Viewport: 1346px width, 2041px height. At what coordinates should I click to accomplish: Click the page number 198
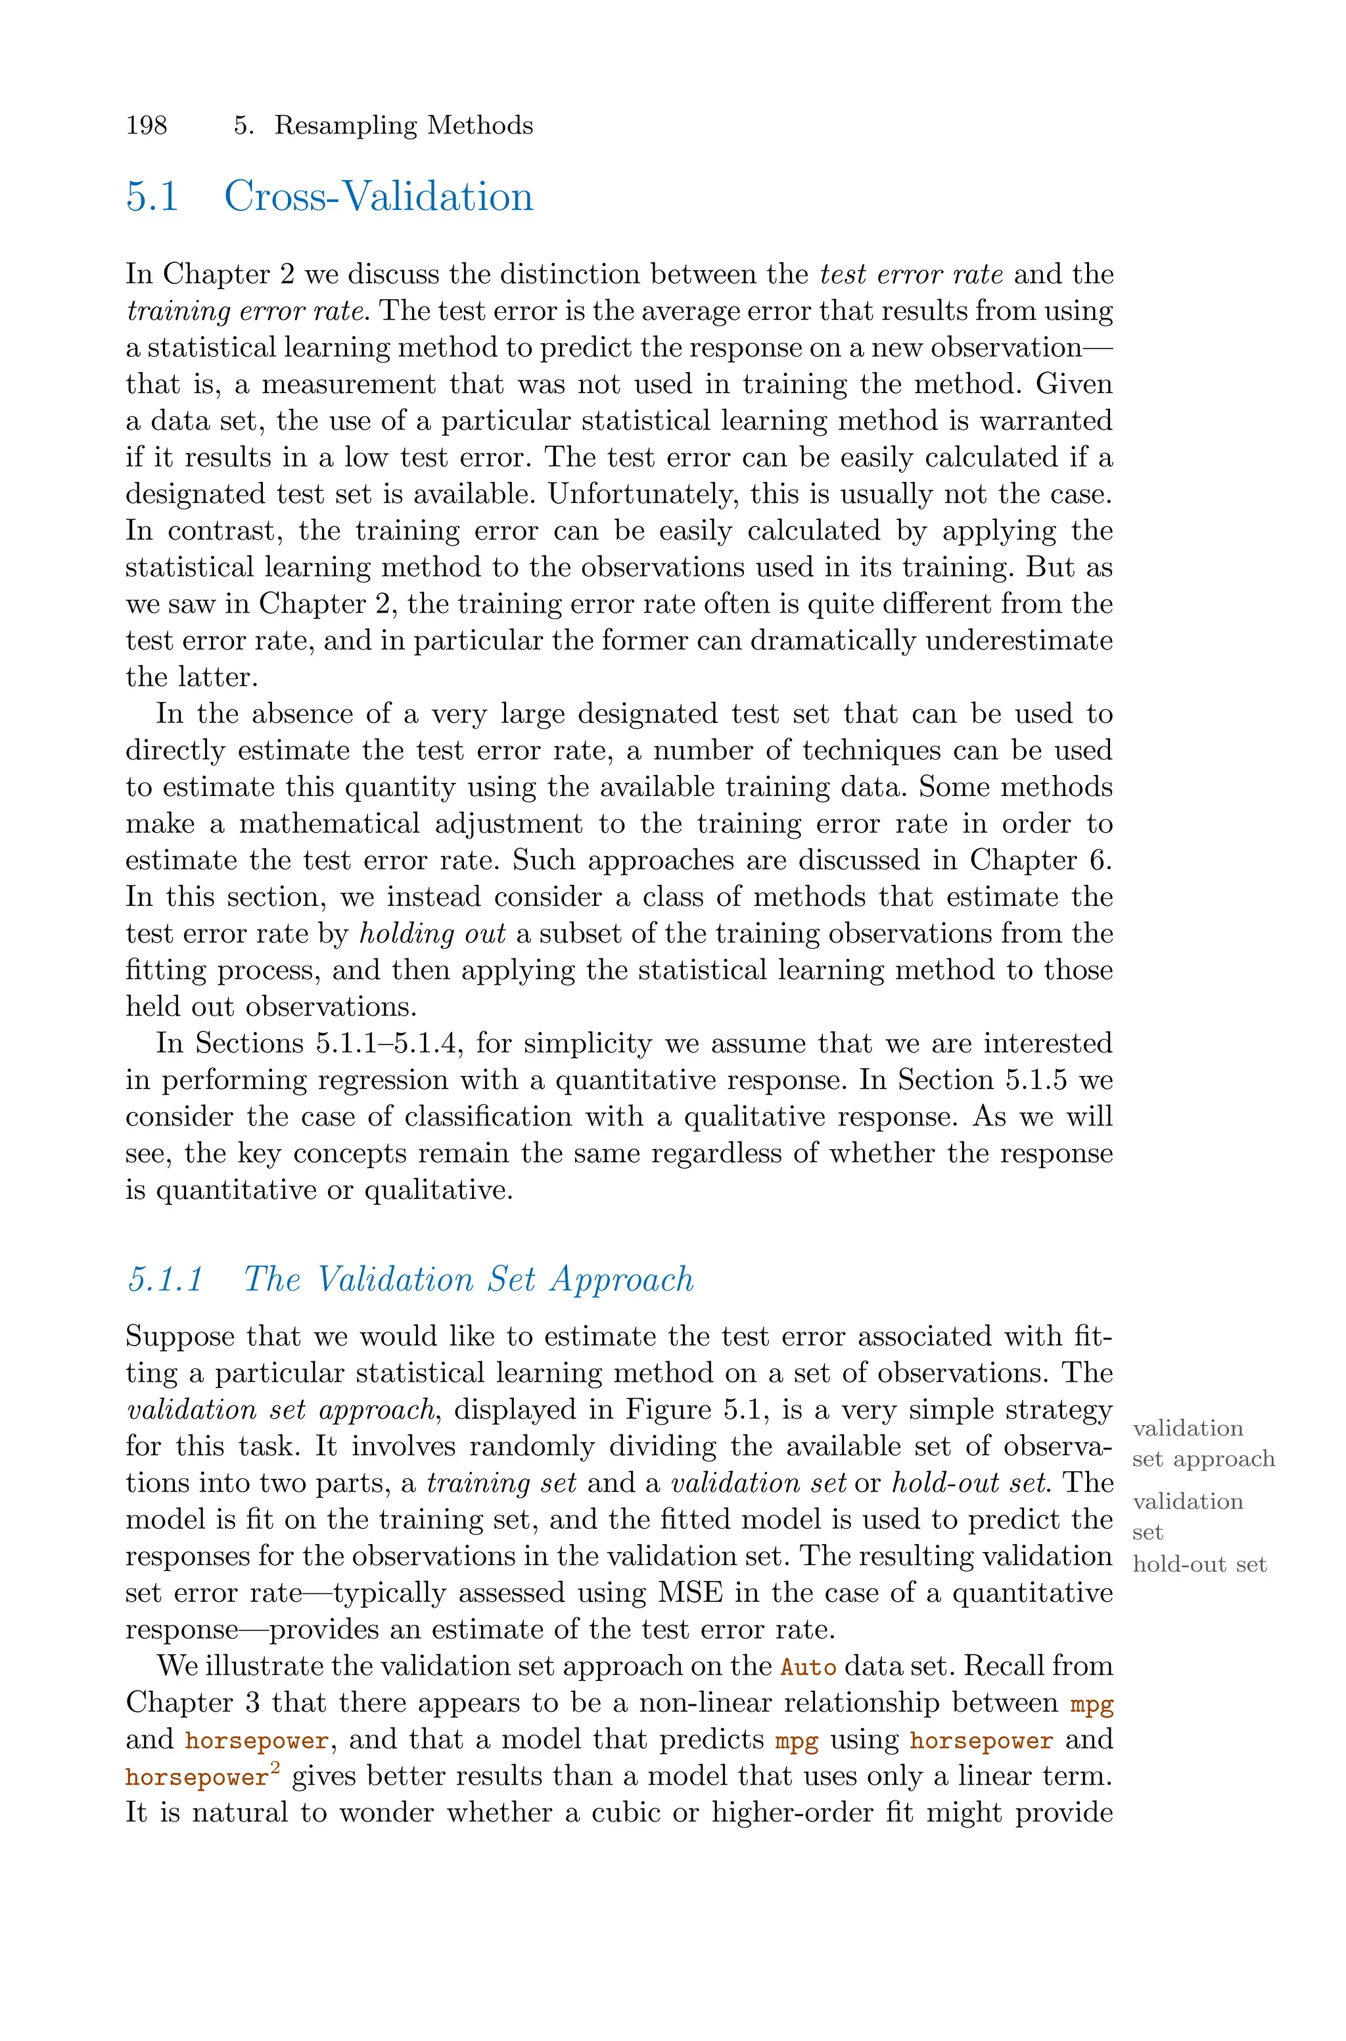(147, 126)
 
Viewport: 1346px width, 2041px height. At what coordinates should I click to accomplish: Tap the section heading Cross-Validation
(379, 197)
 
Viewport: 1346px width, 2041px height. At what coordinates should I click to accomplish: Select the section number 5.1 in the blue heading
(152, 197)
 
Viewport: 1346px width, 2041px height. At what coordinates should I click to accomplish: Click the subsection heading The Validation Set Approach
(469, 1280)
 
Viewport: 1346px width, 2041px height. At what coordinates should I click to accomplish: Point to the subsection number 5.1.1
(166, 1280)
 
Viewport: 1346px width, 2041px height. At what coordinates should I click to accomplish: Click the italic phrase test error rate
(912, 275)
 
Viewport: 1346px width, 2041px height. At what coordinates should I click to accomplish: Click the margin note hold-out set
(1199, 1564)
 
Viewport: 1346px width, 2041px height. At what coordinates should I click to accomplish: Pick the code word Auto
(808, 1668)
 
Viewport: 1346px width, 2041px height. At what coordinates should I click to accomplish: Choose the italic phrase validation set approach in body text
(281, 1410)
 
